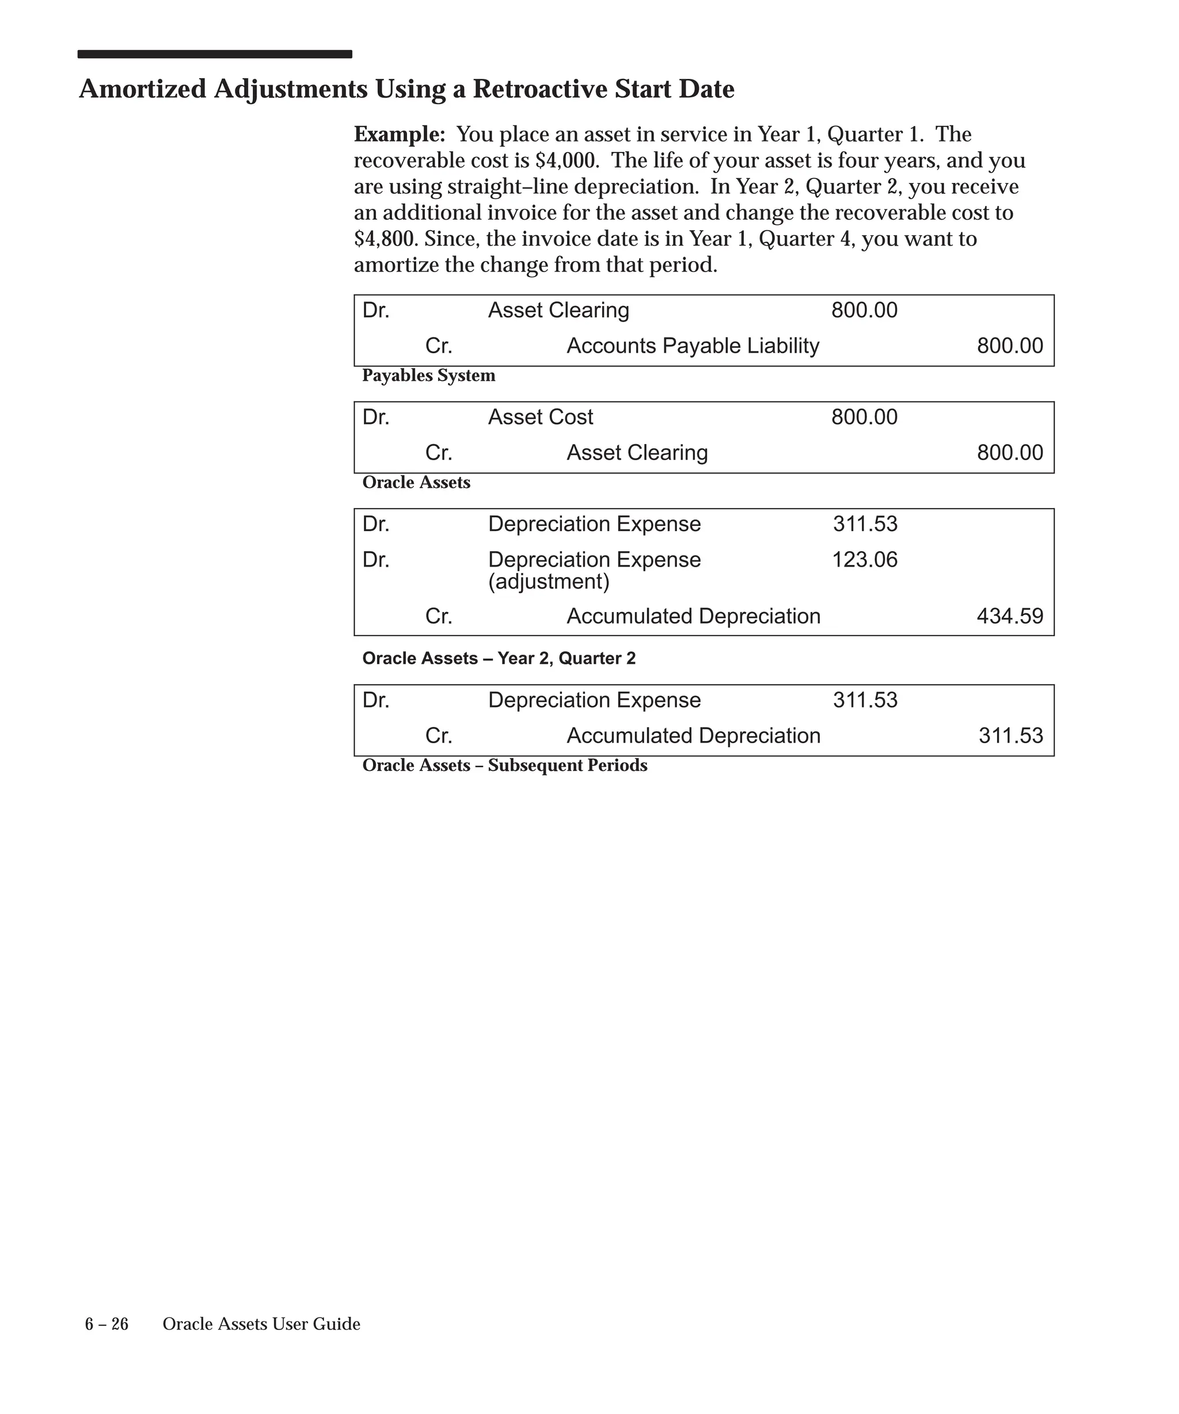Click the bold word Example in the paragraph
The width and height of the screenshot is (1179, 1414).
399,135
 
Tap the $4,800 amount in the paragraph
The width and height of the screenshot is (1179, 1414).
384,239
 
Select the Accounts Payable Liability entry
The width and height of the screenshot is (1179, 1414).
693,346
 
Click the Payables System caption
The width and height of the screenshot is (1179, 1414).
428,376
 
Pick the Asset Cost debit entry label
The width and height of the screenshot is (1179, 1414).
541,418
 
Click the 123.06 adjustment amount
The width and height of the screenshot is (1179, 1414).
864,560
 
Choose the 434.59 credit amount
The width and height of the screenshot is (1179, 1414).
1009,617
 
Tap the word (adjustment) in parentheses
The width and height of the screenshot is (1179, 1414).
549,582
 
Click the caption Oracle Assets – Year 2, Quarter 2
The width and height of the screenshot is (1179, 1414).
499,659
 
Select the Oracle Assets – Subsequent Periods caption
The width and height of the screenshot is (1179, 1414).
505,766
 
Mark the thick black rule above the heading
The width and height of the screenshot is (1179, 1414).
214,55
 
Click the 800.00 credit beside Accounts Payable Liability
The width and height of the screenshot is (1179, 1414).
1009,346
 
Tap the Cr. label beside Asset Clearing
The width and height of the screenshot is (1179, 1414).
439,453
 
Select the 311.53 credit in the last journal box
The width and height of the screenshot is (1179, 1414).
1010,736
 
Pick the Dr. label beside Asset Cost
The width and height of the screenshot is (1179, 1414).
376,418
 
